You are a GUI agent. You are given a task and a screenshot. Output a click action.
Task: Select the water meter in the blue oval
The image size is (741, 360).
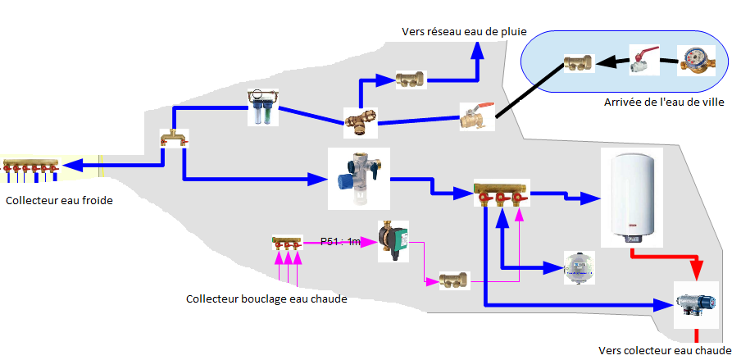pos(697,62)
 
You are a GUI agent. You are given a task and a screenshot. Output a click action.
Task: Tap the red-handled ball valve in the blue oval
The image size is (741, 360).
pos(644,61)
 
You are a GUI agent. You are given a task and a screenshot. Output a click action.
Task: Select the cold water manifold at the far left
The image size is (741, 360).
pos(31,167)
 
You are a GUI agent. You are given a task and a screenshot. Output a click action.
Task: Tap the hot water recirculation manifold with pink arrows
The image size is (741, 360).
pos(287,243)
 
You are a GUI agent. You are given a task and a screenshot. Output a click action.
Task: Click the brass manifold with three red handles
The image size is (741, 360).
pos(501,195)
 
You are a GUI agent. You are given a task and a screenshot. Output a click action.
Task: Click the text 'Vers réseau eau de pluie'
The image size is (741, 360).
pos(463,32)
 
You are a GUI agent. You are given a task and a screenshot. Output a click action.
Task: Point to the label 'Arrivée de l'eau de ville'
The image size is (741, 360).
pos(663,103)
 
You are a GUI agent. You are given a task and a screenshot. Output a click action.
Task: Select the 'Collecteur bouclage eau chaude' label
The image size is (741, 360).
pos(266,298)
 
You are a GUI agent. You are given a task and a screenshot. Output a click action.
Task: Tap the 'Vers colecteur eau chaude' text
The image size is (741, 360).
pos(664,350)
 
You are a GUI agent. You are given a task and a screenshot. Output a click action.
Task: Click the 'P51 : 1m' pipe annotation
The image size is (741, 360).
pos(339,241)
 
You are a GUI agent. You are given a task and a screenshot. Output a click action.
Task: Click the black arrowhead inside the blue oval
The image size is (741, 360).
pos(604,61)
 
